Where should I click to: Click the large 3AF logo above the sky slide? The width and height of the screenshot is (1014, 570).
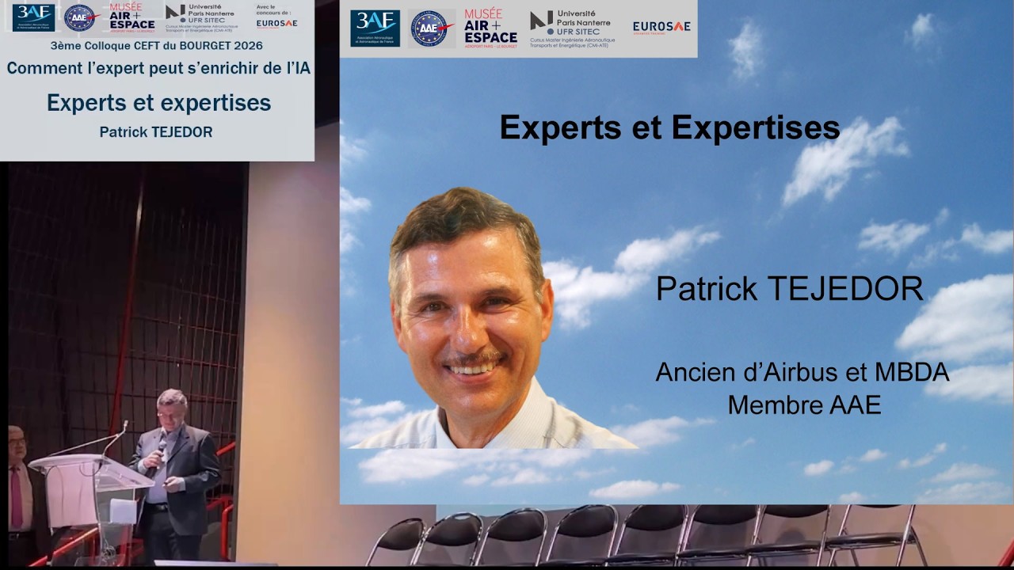(x=375, y=28)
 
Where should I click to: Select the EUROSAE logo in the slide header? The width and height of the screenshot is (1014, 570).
(x=661, y=27)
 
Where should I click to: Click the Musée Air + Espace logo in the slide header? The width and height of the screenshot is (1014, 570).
(x=490, y=28)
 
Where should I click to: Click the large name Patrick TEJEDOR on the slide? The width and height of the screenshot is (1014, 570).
(x=789, y=290)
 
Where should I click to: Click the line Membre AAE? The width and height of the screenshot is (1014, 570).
(x=804, y=405)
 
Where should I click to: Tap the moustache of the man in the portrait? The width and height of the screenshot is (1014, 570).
(x=473, y=359)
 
